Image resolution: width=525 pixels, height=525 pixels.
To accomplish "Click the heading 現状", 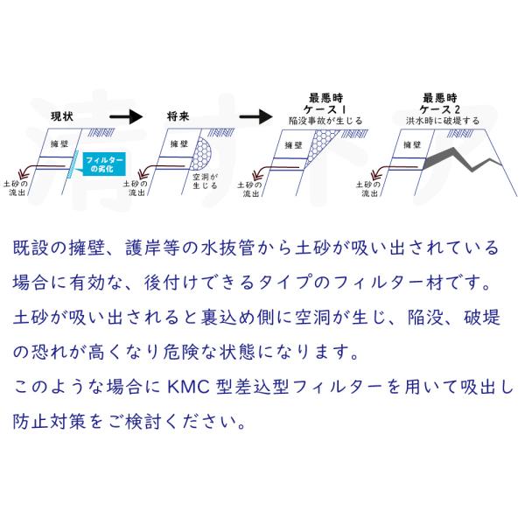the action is coord(62,116).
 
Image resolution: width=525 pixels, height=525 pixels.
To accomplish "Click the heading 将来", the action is coord(178,116).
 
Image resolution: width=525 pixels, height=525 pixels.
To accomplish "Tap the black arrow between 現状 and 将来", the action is coord(126,117).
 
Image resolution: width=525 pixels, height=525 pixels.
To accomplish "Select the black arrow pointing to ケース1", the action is coord(255,117).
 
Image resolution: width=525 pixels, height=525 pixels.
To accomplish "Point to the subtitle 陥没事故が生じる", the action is coord(325,121).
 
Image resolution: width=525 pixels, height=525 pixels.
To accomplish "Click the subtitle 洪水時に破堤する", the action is coord(443,121).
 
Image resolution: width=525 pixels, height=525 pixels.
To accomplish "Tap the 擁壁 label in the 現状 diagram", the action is coord(59,144).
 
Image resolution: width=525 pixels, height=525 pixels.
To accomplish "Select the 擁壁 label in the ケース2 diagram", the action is coord(412,144).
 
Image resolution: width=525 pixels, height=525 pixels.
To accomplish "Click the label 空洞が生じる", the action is coord(205,181).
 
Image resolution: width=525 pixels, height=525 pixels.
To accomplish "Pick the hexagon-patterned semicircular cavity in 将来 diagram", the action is coord(203,152).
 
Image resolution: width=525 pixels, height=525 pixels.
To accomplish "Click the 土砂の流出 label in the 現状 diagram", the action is coord(16,188).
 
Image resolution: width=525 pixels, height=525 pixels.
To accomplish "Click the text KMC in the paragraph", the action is coord(188,387).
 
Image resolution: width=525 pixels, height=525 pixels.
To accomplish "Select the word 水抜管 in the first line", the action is coord(228,248).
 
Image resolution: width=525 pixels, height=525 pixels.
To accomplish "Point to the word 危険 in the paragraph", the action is coord(181,352).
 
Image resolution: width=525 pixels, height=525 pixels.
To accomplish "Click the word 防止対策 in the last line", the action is coord(49,421).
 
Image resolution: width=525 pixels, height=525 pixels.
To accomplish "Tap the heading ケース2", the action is coord(439,109).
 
